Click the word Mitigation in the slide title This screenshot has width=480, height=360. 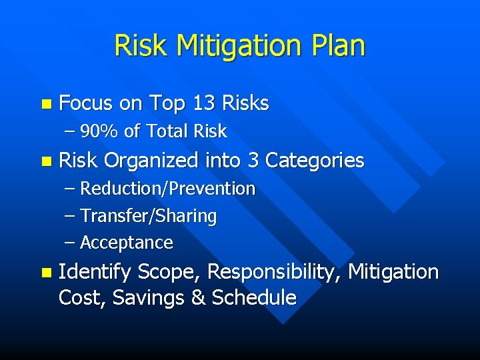coord(239,47)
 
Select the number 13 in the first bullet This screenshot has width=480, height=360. coord(204,103)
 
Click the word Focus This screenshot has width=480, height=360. coord(87,103)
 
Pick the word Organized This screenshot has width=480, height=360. coord(151,161)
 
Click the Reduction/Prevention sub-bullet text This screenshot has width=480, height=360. coord(167,189)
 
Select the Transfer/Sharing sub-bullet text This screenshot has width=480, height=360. coord(148,216)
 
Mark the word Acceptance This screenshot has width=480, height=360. coord(127,243)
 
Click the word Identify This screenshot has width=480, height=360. coord(95,272)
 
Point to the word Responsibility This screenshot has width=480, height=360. coord(275,272)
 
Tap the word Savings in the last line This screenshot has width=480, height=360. coord(149,297)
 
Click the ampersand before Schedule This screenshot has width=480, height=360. coord(198,297)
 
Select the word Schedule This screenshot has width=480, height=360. coord(253,297)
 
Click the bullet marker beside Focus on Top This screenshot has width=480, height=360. coord(45,104)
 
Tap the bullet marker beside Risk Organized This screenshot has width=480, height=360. coord(45,161)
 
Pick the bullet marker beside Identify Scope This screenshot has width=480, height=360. coord(45,273)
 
